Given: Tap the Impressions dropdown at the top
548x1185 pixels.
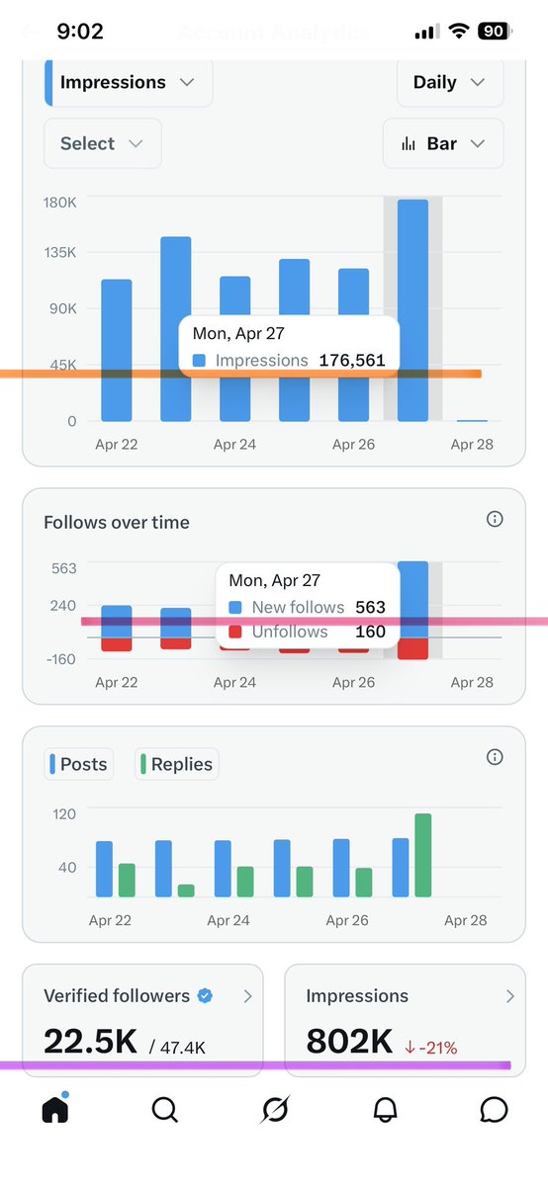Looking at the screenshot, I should [127, 83].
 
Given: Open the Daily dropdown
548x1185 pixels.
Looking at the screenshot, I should [449, 83].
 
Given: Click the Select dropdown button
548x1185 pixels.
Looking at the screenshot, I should [102, 144].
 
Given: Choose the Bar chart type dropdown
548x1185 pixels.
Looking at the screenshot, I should [442, 144].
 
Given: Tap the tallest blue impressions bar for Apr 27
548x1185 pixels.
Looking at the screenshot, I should [412, 296].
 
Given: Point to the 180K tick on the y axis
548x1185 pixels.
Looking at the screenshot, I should [58, 203].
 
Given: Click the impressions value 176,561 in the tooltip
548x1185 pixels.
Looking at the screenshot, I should [351, 361].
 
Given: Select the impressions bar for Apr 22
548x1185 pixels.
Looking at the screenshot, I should [117, 351].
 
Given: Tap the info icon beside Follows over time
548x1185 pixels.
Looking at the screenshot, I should [496, 520].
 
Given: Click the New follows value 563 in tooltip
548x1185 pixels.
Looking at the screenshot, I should [370, 607].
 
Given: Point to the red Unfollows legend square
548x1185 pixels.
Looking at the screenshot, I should [235, 632].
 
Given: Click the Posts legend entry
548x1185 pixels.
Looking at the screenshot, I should [78, 764].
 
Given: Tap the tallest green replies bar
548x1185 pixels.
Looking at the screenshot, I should [423, 855].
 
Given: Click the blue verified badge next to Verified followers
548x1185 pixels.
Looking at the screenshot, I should [205, 996].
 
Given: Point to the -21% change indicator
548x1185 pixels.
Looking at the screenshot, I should [431, 1047].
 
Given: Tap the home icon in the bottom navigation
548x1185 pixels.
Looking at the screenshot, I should [55, 1110].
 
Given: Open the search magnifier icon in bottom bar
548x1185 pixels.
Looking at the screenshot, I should [164, 1110].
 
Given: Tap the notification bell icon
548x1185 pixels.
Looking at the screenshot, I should [385, 1110].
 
